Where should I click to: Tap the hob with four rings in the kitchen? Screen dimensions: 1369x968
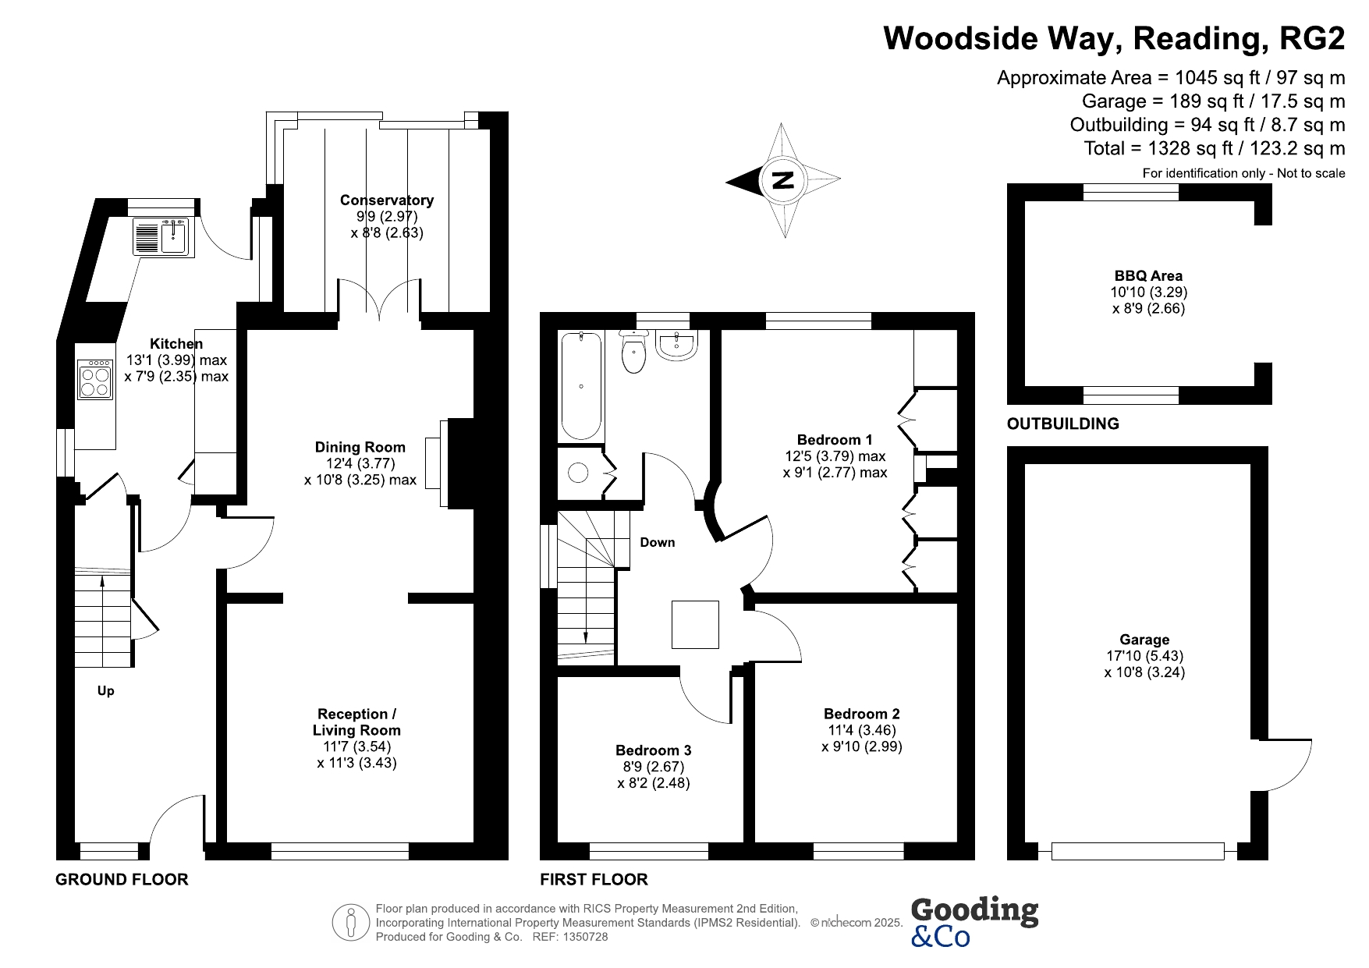pyautogui.click(x=95, y=379)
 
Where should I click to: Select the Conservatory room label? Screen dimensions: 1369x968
pyautogui.click(x=387, y=200)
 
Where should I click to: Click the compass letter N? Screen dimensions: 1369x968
pyautogui.click(x=782, y=181)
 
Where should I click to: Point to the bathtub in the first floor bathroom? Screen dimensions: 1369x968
pyautogui.click(x=581, y=386)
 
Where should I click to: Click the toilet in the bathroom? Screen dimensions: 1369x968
pyautogui.click(x=633, y=351)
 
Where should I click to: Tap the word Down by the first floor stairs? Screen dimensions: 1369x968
pyautogui.click(x=658, y=542)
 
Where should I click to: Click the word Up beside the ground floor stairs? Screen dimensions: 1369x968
pyautogui.click(x=105, y=690)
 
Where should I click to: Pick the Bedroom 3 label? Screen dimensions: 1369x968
pyautogui.click(x=654, y=750)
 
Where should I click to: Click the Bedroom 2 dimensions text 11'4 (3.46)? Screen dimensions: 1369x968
pyautogui.click(x=862, y=730)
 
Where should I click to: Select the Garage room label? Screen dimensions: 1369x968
pyautogui.click(x=1144, y=640)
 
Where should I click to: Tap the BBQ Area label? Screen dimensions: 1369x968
pyautogui.click(x=1148, y=275)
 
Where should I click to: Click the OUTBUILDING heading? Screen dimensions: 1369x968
pyautogui.click(x=1063, y=424)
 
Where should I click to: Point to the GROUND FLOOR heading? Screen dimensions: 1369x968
pyautogui.click(x=122, y=880)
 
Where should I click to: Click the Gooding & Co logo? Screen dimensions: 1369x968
pyautogui.click(x=974, y=922)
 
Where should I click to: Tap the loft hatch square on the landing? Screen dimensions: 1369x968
pyautogui.click(x=695, y=625)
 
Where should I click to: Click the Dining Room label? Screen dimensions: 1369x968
pyautogui.click(x=360, y=447)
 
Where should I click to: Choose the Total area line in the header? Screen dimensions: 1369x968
pyautogui.click(x=1215, y=148)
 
